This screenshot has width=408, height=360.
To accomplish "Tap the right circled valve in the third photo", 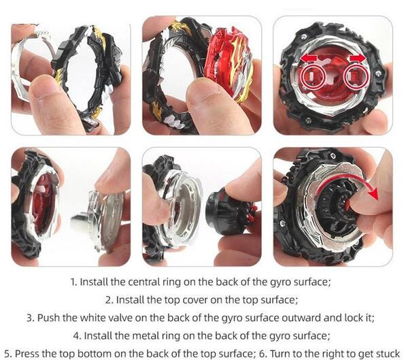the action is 355,76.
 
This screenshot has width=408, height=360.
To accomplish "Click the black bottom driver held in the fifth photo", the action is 229,211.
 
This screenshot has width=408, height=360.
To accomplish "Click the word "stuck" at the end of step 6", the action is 387,354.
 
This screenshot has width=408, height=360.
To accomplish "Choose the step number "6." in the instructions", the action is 264,354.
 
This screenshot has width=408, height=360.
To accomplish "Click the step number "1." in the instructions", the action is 74,282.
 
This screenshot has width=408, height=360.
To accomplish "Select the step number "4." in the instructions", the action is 78,336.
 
